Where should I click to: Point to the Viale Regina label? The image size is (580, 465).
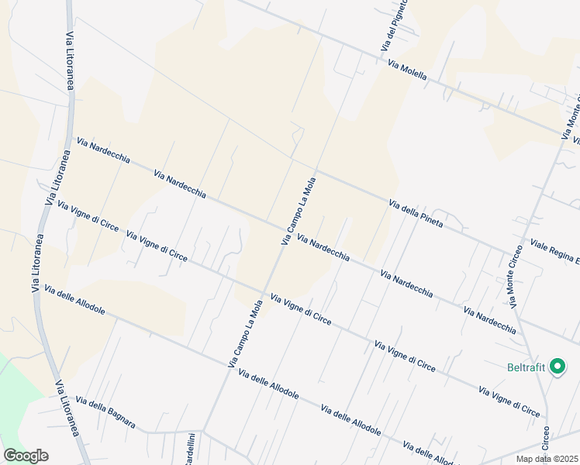[x=554, y=253]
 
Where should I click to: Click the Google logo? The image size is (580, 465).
[x=26, y=456]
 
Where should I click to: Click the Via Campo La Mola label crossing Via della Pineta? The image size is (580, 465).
[x=299, y=212]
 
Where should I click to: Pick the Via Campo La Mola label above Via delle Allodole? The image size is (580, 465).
[x=246, y=334]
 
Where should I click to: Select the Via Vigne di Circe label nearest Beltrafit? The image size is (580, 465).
[x=509, y=401]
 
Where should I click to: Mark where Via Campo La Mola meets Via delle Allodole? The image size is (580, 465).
[x=227, y=369]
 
